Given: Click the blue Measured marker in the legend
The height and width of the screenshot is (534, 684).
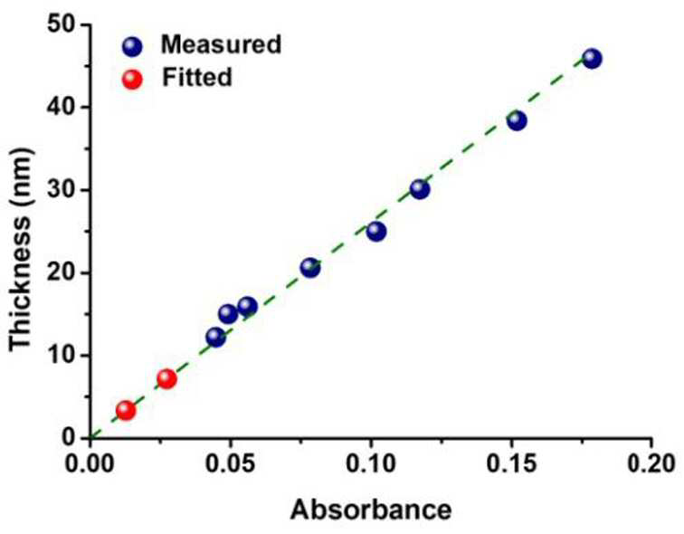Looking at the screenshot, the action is (x=133, y=47).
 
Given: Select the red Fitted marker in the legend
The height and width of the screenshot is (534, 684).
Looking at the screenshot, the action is (x=133, y=80).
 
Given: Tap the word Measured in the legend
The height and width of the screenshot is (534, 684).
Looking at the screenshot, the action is (x=221, y=44).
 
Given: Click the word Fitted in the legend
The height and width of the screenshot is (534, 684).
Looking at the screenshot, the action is (x=196, y=77).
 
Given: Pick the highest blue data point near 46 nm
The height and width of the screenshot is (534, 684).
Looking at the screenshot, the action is (x=592, y=58).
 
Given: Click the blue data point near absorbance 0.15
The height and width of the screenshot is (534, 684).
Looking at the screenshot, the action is (x=517, y=120).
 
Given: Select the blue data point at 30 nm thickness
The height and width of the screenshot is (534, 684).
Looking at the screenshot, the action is (x=420, y=189).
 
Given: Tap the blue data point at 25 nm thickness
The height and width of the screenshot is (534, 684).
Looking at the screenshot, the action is (x=376, y=231).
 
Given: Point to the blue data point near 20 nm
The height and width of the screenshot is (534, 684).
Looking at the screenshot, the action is (x=310, y=267).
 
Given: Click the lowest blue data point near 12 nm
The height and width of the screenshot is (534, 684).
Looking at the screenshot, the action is (x=216, y=337).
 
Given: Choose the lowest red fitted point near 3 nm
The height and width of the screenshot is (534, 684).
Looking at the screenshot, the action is (x=126, y=410).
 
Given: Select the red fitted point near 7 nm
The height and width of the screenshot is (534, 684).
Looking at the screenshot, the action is (x=166, y=378).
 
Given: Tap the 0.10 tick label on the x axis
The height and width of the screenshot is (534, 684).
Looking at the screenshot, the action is (x=371, y=463).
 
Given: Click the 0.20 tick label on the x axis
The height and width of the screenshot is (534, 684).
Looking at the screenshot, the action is (x=651, y=463).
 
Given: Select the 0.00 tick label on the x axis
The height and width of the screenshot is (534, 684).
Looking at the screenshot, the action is (x=90, y=463).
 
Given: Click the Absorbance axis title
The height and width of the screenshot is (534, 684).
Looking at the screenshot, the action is (x=371, y=510).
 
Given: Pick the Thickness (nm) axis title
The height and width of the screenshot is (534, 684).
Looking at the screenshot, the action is (x=20, y=248).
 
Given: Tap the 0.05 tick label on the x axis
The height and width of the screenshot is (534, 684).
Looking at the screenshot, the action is (x=231, y=463).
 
